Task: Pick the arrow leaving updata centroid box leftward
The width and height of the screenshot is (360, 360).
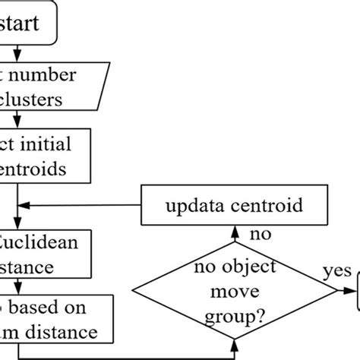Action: [x=76, y=204]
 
